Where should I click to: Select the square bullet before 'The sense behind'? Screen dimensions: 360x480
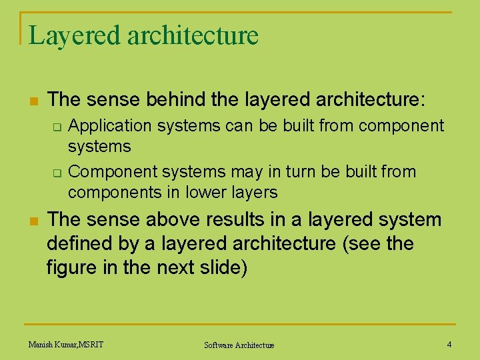32,101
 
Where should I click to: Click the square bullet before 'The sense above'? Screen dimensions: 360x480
32,221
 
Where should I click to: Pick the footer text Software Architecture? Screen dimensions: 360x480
239,345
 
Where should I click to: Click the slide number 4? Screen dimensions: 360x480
449,344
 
